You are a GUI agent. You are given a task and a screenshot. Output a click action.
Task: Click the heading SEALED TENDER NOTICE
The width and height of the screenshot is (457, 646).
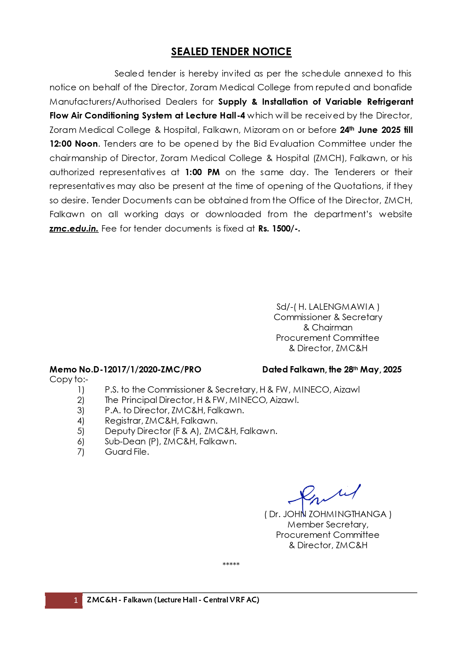231,52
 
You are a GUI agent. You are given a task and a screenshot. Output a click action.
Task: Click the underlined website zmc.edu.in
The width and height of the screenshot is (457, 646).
74,229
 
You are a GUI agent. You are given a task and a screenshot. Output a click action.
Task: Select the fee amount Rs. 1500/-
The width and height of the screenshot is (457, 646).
279,229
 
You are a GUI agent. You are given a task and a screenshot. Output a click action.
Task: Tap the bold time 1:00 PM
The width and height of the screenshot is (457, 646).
202,172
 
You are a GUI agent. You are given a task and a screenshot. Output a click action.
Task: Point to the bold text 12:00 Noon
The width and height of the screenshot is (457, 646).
74,144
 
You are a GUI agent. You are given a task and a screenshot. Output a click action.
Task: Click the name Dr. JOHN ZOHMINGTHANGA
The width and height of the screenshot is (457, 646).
328,514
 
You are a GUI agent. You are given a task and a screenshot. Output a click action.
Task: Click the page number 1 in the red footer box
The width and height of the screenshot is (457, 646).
76,600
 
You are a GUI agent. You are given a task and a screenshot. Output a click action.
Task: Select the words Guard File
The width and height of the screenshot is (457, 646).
127,452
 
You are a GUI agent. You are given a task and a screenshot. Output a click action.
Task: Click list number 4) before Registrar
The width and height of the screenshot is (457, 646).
81,421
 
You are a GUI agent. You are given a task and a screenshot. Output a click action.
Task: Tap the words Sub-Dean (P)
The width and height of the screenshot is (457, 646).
133,442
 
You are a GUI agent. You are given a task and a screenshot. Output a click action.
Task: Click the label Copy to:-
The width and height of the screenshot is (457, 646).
69,379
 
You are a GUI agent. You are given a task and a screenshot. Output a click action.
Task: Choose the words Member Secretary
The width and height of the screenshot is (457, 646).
328,525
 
